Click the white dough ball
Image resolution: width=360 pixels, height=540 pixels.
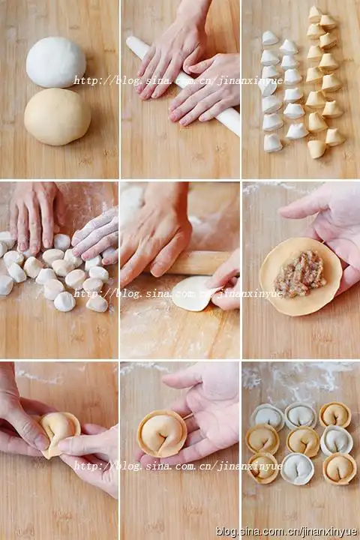(x=55, y=62)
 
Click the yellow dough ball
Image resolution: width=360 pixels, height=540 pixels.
(x=57, y=117)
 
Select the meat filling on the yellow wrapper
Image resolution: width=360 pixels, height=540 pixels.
(x=301, y=273)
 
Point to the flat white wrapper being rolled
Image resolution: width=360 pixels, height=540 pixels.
(x=191, y=293)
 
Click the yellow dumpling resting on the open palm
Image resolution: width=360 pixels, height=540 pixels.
(x=162, y=433)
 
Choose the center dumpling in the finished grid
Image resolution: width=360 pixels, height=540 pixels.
(x=304, y=442)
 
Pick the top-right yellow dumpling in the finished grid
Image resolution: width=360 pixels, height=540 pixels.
(x=334, y=415)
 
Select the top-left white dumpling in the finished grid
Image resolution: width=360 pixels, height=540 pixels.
(x=267, y=417)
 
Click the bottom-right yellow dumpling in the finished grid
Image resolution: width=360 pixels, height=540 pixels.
(x=340, y=468)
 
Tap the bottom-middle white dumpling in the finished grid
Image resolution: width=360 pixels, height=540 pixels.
(x=297, y=469)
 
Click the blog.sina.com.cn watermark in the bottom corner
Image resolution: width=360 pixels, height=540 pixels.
(x=286, y=532)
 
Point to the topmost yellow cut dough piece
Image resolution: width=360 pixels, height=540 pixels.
(x=314, y=13)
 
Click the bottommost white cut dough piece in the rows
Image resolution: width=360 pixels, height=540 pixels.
(x=272, y=143)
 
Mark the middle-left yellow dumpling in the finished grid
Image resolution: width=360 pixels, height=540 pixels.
(x=262, y=439)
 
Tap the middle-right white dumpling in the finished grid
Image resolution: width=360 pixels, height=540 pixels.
(x=337, y=440)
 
